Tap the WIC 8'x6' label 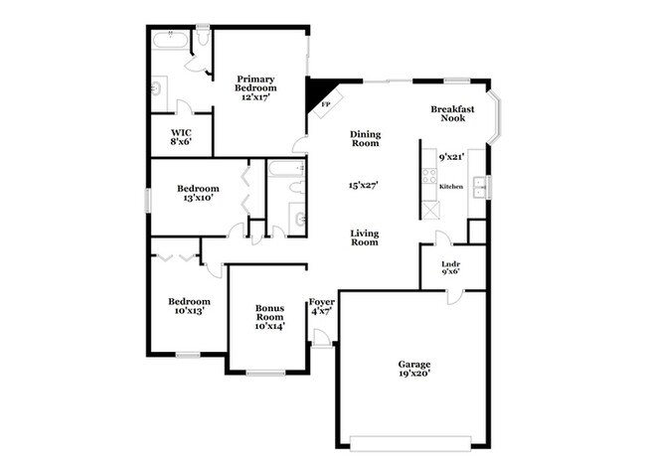pos(181,136)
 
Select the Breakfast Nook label pos(452,113)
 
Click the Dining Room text pos(366,139)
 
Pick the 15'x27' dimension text pos(365,185)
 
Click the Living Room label pos(365,237)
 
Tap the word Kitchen pos(451,185)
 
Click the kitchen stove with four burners pos(429,178)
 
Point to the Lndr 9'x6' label pos(450,269)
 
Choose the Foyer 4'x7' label pos(320,306)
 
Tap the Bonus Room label pos(269,317)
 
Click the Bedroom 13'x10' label pos(199,193)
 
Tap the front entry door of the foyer pos(321,343)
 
